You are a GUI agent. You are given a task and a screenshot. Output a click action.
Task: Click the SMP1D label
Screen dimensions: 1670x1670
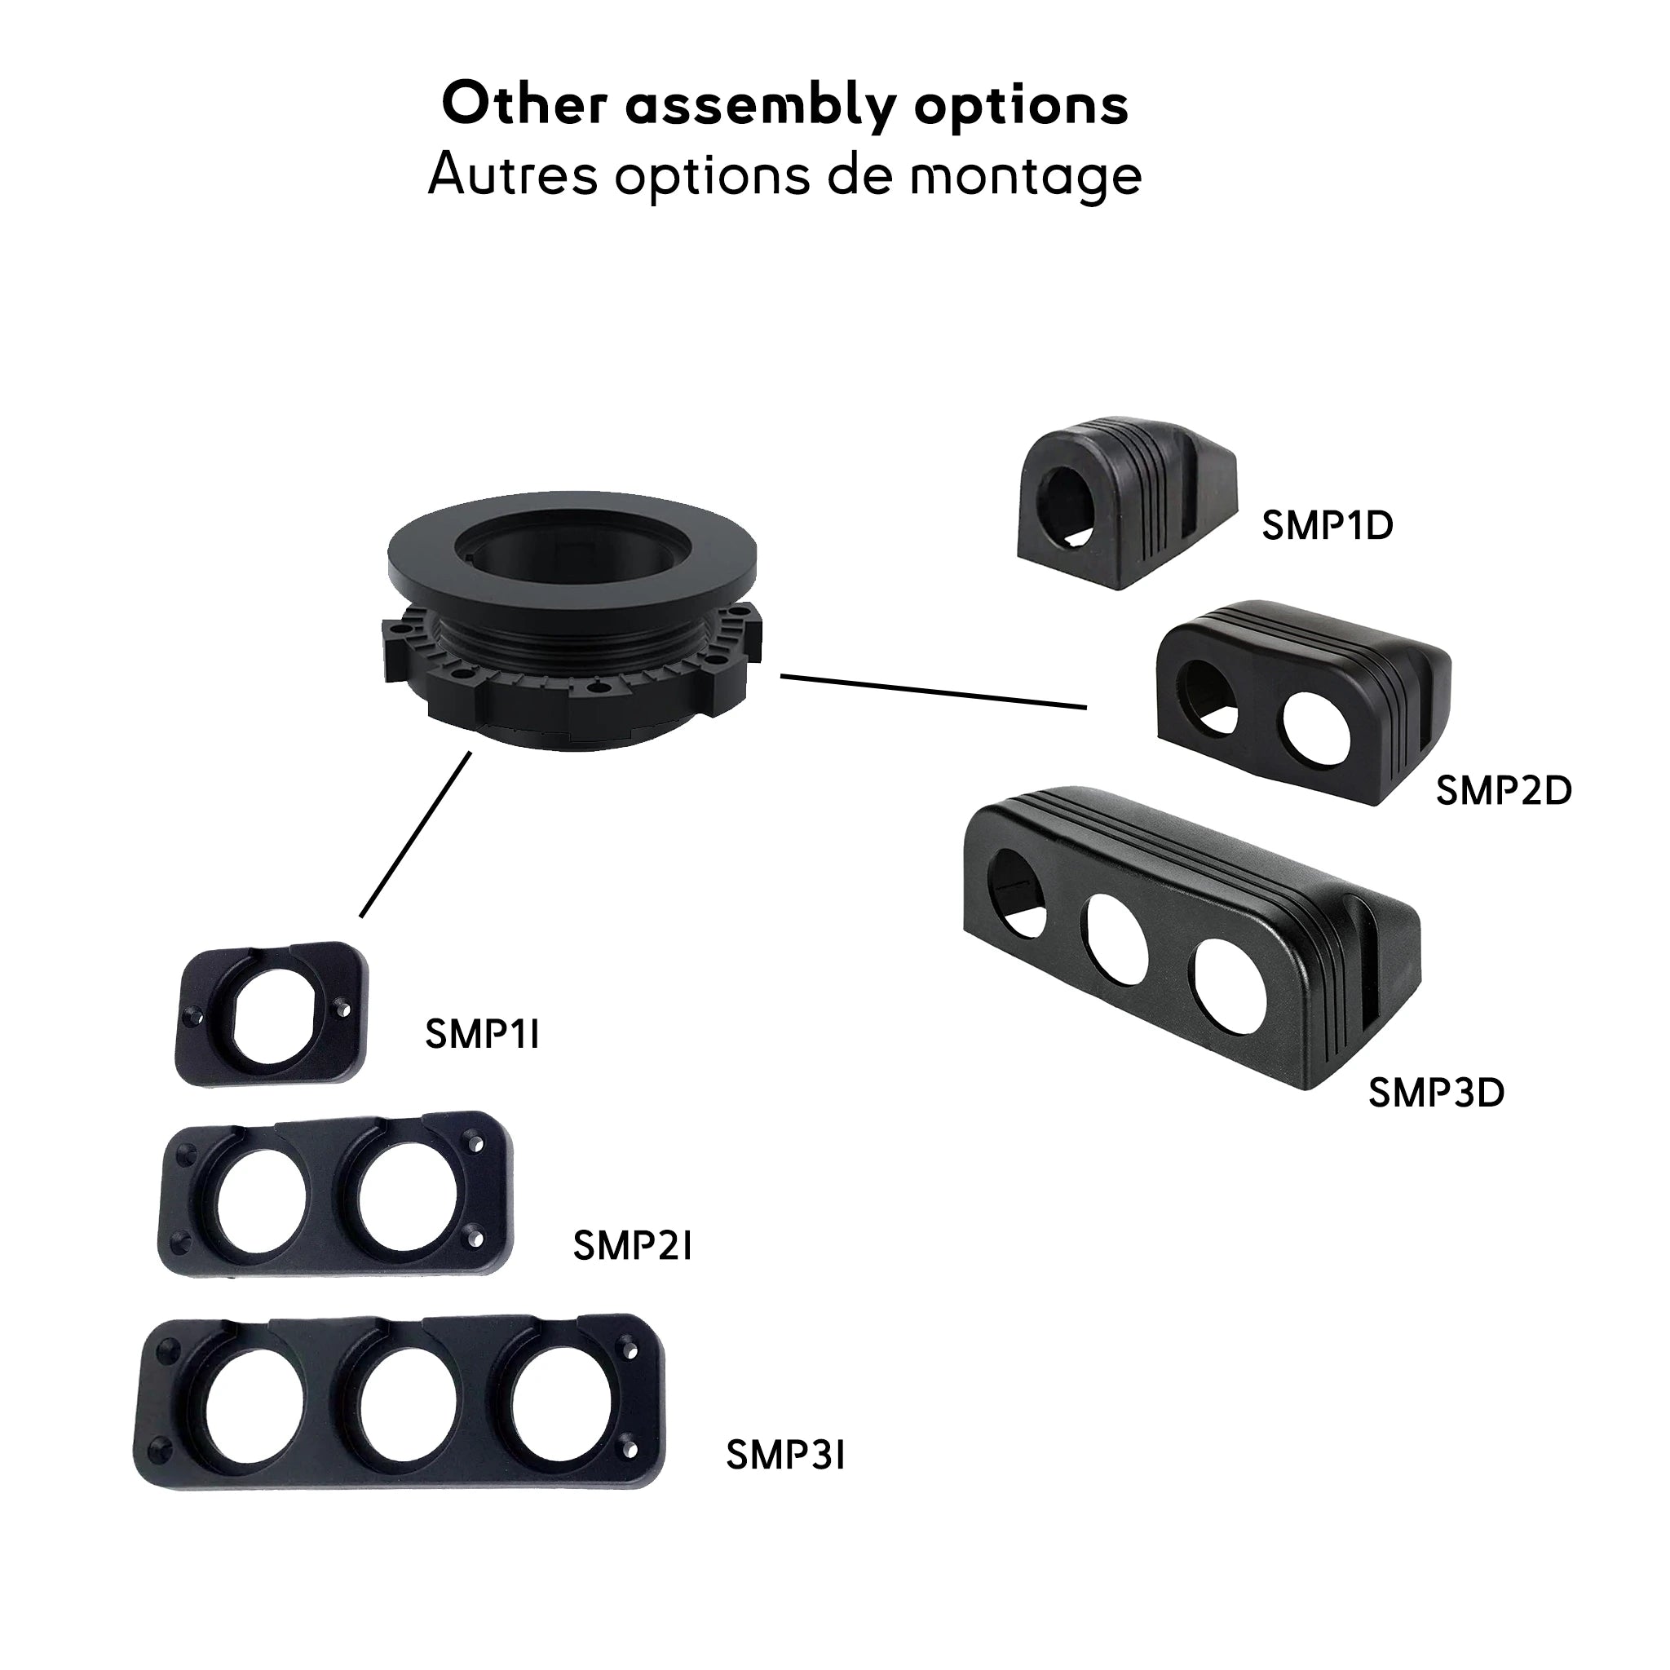(x=1327, y=526)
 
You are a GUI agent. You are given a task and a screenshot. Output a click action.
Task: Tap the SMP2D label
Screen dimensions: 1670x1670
(x=1502, y=791)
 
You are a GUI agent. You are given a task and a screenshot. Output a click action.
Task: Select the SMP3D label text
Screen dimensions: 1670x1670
(x=1436, y=1093)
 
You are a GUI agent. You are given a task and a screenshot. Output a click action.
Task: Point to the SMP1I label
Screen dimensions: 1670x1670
(x=481, y=1034)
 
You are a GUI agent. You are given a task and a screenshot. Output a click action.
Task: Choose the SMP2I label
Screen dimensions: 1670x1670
(x=632, y=1246)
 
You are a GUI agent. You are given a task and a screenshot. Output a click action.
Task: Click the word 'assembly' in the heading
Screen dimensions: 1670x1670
(x=760, y=105)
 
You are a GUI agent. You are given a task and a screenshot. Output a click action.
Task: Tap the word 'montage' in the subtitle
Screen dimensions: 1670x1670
(x=1026, y=175)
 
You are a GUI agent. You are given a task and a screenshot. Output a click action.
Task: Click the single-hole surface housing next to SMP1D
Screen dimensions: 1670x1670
(x=1124, y=501)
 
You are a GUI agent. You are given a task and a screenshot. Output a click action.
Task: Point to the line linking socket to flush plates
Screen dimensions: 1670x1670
(x=416, y=834)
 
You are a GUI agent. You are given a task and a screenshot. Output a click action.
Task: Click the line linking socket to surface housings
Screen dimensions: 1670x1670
(x=934, y=691)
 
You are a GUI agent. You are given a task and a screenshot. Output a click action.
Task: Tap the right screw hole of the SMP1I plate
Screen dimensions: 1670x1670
(x=343, y=1008)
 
